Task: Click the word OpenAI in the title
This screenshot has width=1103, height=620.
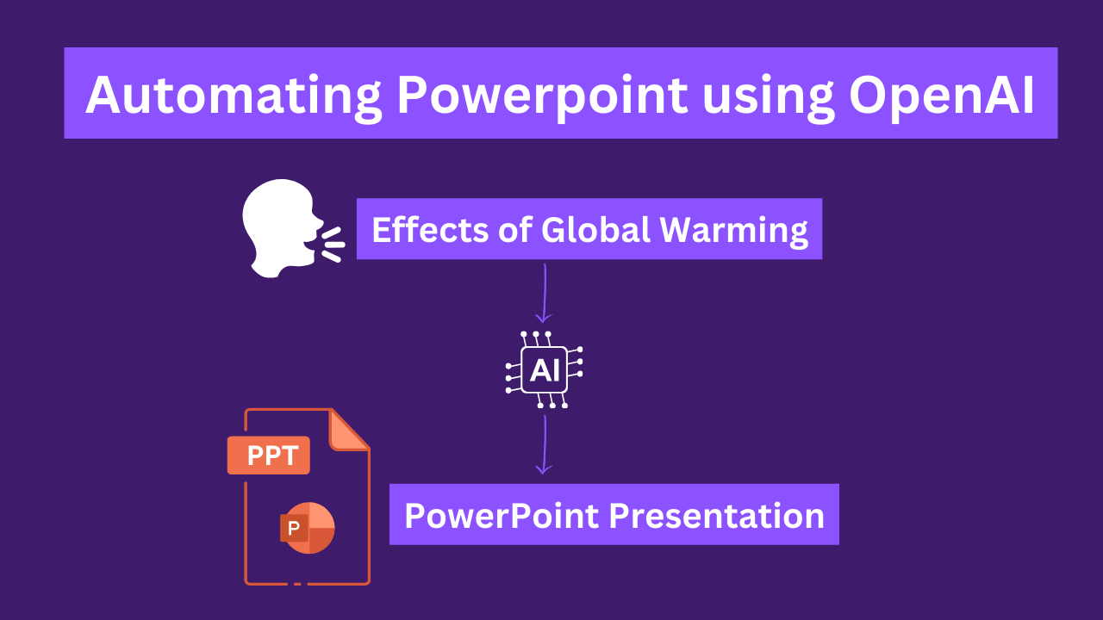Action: point(941,95)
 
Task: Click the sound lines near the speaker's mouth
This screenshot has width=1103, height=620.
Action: point(333,244)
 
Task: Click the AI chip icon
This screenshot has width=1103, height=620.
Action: point(545,369)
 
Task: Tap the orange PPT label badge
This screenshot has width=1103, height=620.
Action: point(269,456)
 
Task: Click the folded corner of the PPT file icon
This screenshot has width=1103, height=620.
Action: point(349,430)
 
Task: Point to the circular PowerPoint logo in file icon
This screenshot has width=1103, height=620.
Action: point(308,527)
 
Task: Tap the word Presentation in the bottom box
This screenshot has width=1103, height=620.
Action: point(717,516)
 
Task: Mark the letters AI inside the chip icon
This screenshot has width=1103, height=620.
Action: point(545,370)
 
